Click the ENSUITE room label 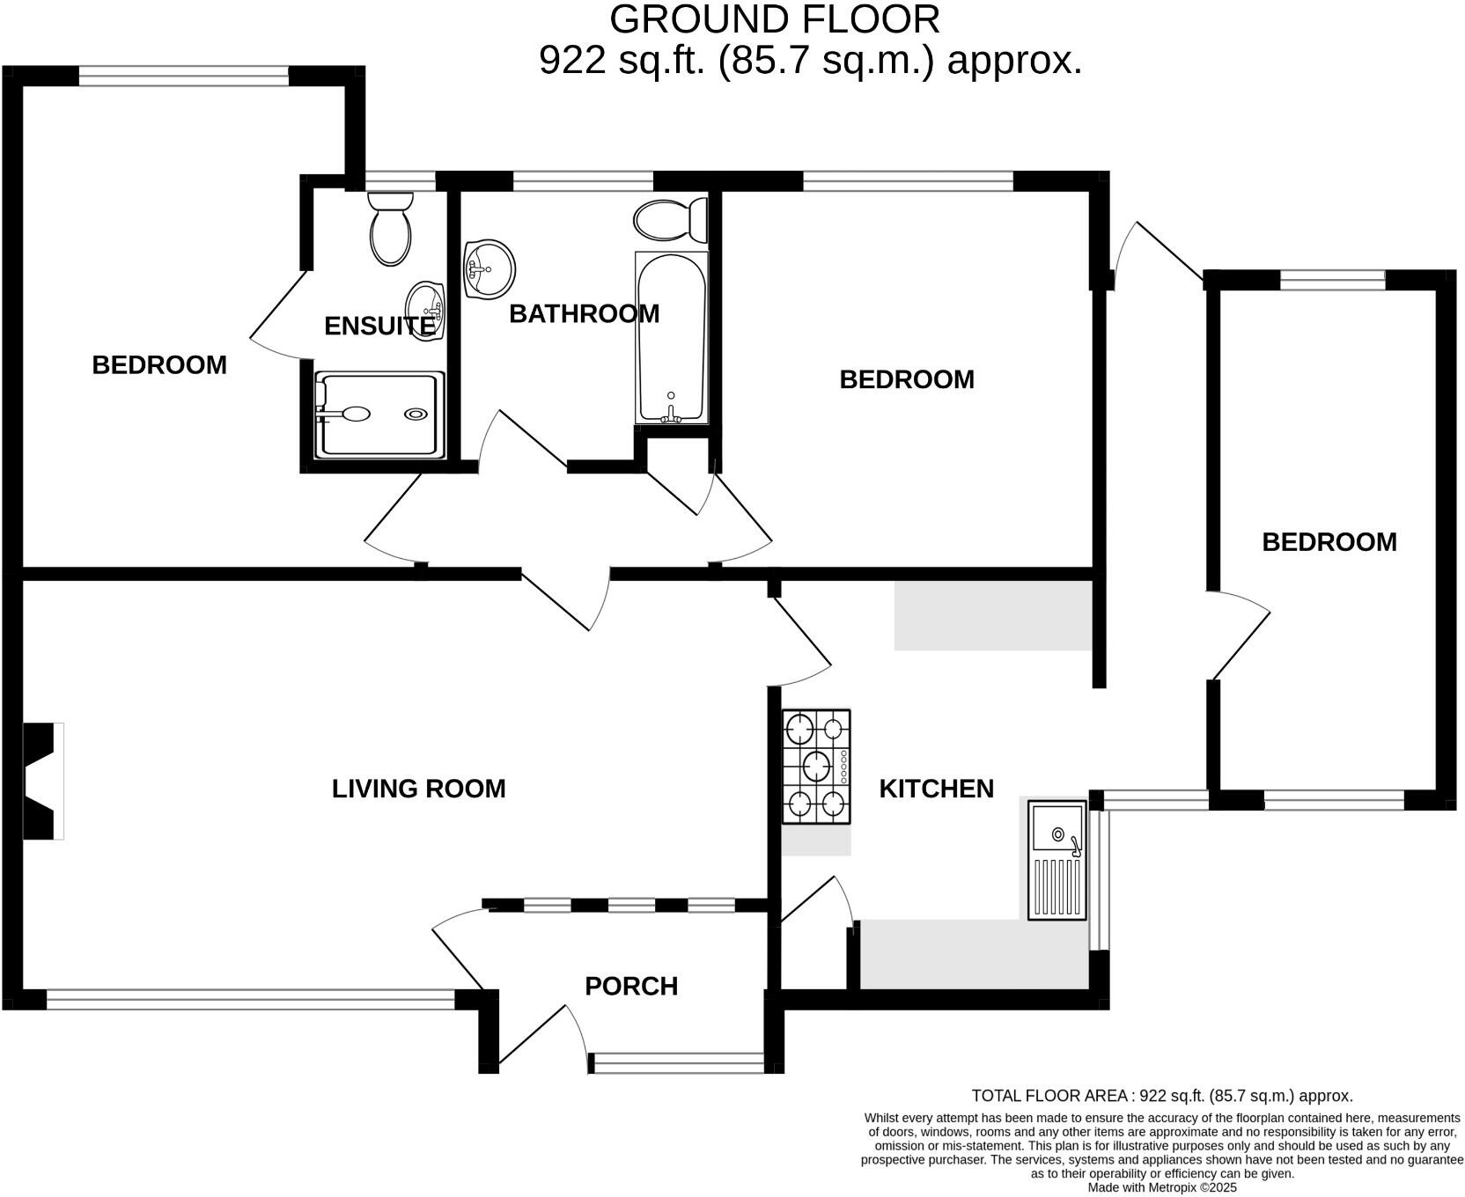point(379,326)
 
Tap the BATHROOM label point(584,313)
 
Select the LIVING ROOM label point(418,789)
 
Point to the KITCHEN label point(936,789)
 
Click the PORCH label point(631,986)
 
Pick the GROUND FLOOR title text point(775,19)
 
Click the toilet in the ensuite point(391,228)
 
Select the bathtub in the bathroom point(672,337)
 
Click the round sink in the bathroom point(489,268)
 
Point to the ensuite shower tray point(379,415)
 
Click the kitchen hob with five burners point(816,767)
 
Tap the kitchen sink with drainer point(1057,860)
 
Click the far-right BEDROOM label point(1329,542)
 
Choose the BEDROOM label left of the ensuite point(159,365)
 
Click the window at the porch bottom point(678,1064)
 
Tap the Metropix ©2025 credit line point(1162,1187)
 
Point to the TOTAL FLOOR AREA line point(1162,1096)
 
